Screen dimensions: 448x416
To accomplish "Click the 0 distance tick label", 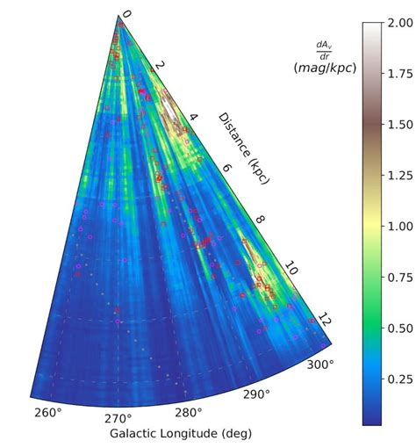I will click(x=126, y=14).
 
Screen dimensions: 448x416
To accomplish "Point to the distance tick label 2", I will click(x=160, y=66).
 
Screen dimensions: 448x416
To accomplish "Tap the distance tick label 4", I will click(x=193, y=117).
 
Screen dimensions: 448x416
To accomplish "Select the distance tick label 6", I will click(x=226, y=169).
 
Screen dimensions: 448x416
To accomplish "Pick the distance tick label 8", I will click(x=258, y=220).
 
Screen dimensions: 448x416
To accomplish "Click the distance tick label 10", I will click(x=291, y=272).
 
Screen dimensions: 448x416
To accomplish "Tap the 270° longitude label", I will click(x=118, y=418).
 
